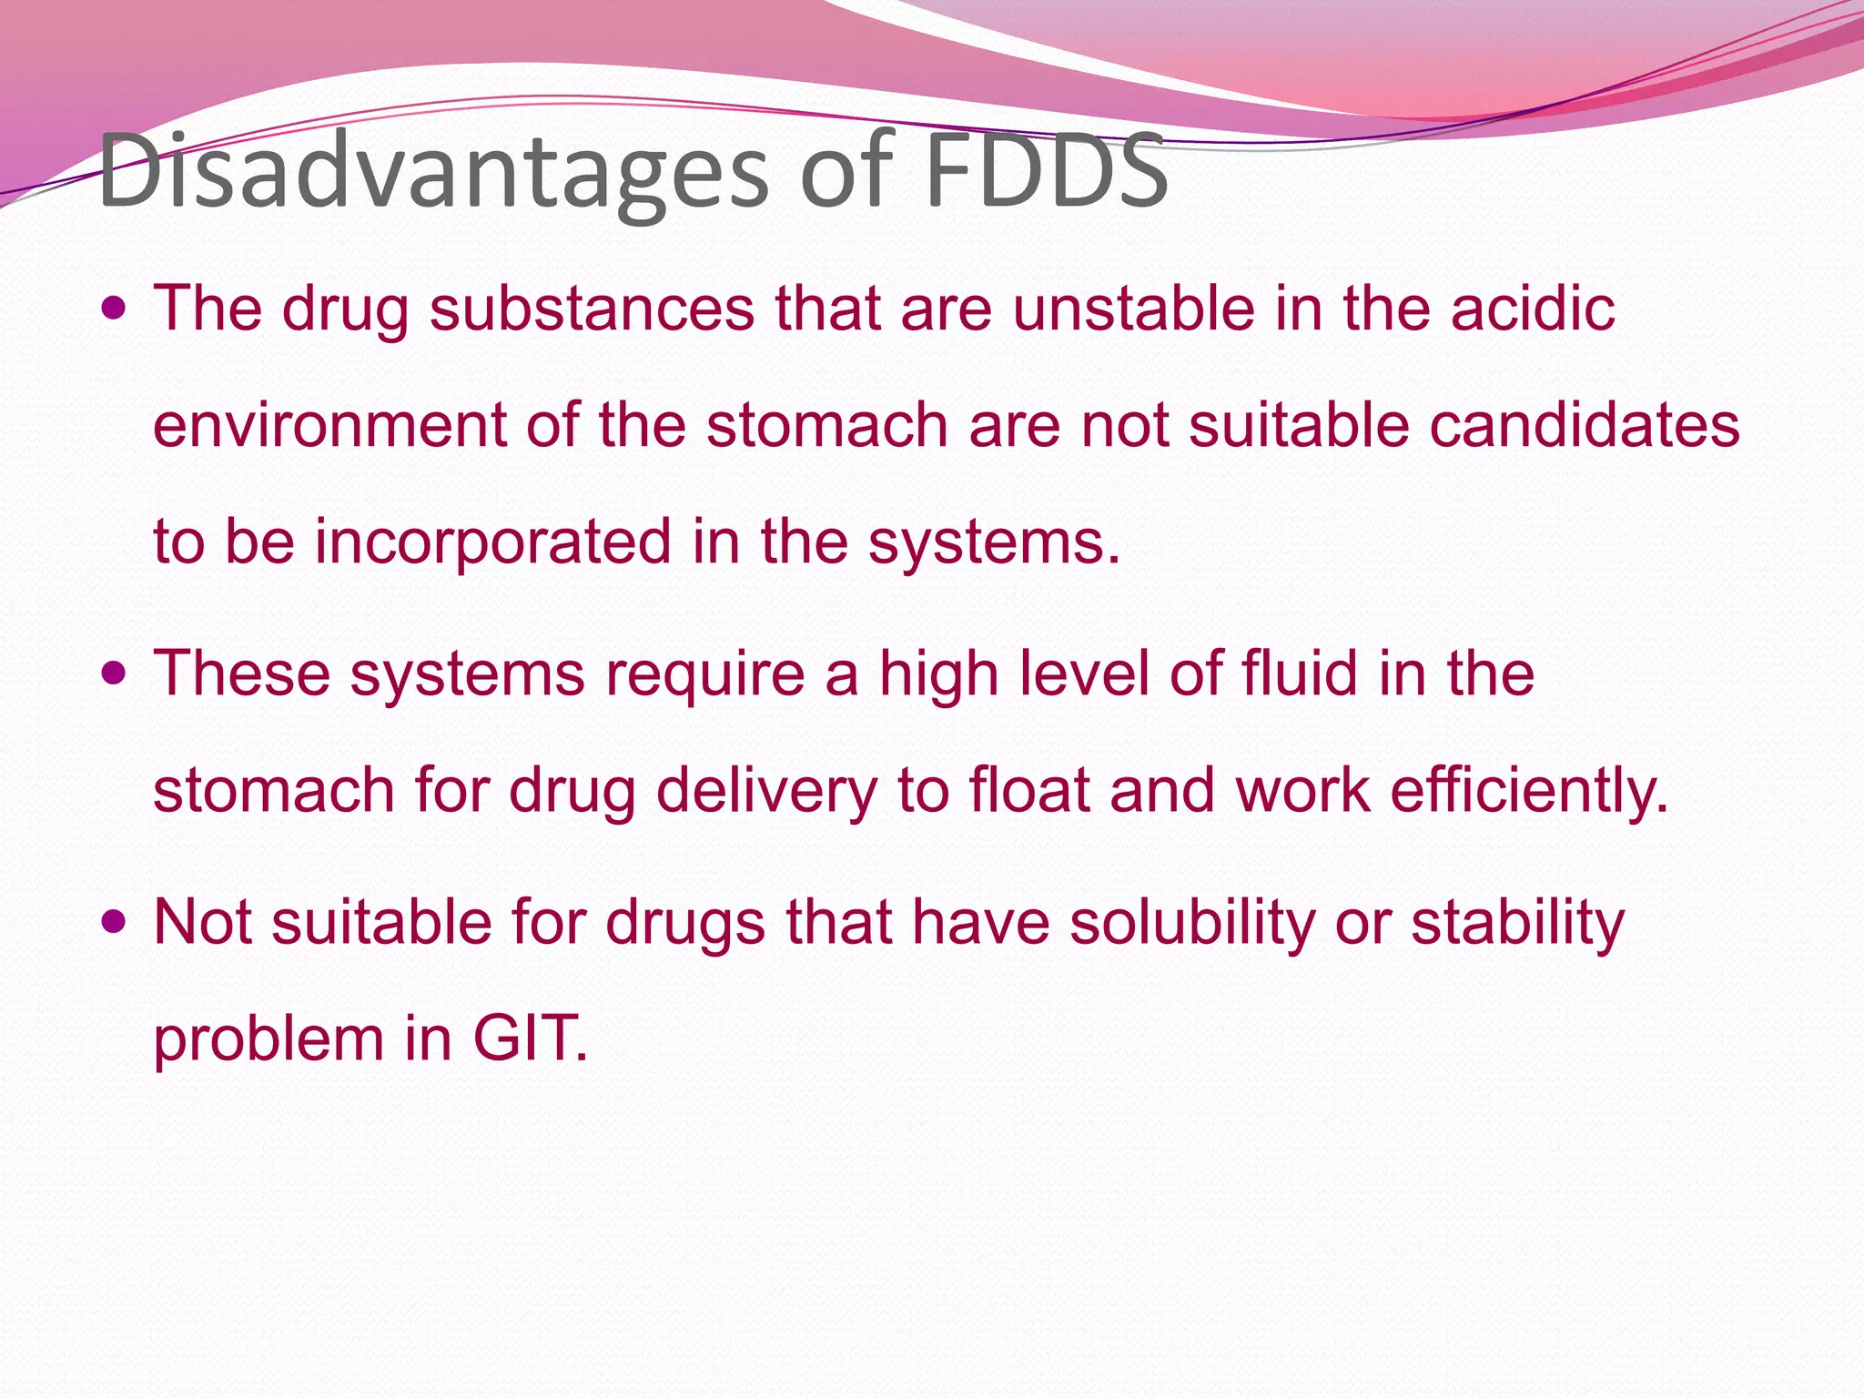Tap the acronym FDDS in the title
1046,171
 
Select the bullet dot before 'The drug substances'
114,309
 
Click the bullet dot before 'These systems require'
114,674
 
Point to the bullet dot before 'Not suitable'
114,923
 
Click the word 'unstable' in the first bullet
1133,309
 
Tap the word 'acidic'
1533,309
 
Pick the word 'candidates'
1585,425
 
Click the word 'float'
1029,790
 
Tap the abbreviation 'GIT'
528,1038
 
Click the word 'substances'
592,309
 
